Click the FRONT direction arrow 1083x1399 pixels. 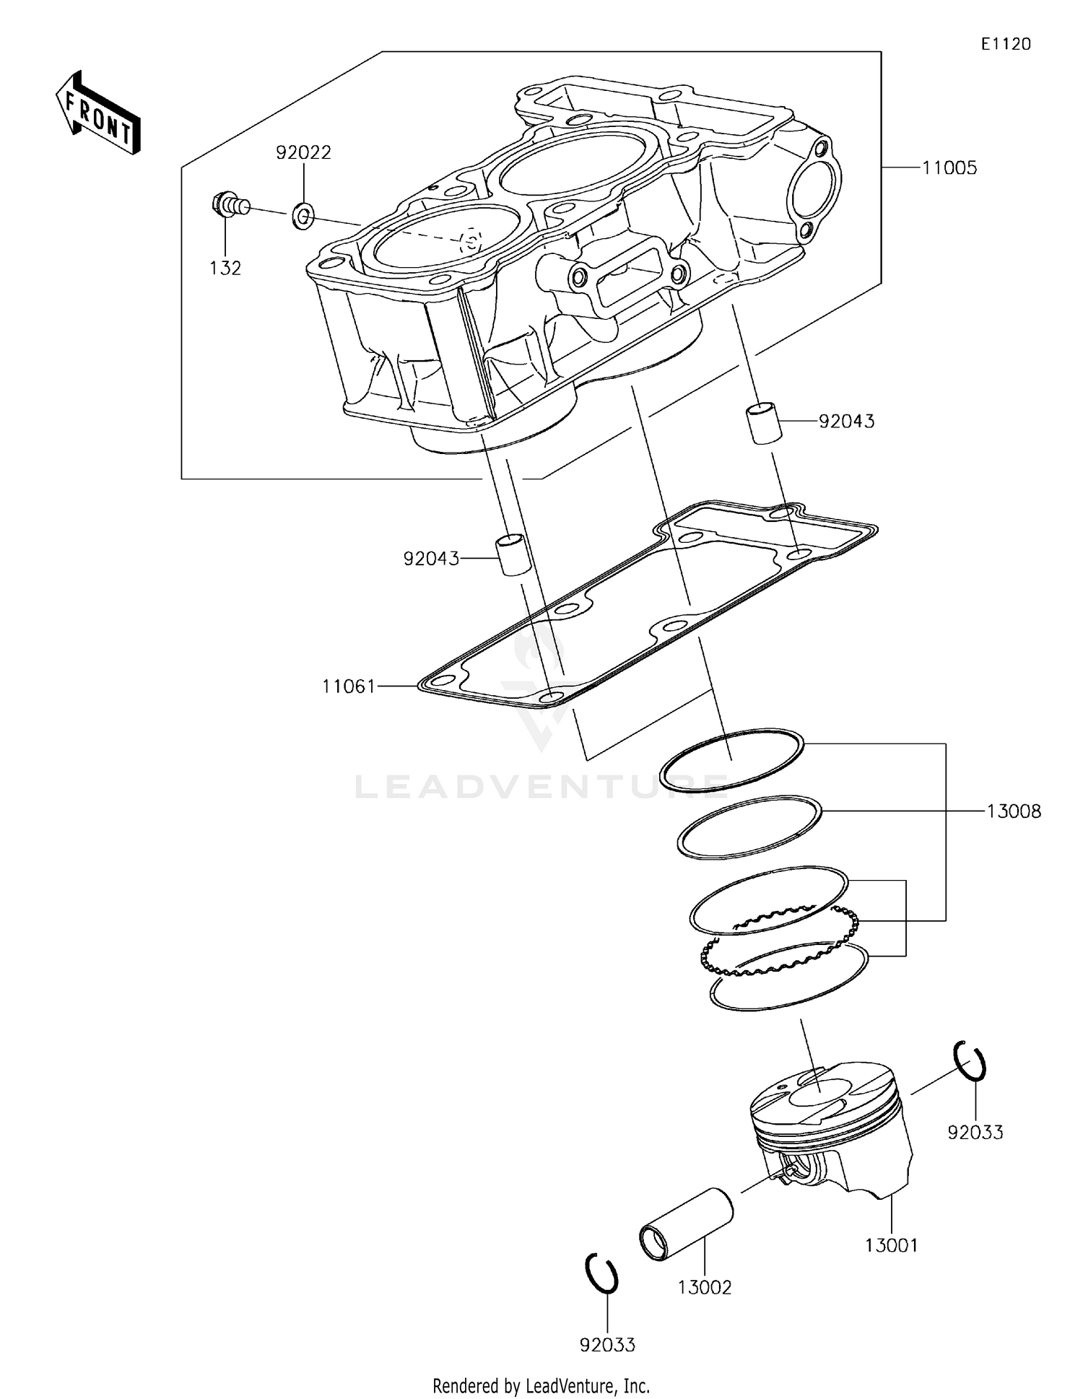pos(97,113)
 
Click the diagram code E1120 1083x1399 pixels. pos(1005,44)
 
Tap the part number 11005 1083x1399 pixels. pos(949,168)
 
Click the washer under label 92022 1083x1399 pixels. pos(303,214)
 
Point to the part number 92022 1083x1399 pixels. pos(303,152)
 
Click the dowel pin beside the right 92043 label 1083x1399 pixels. pos(763,424)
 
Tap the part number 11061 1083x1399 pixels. pos(349,686)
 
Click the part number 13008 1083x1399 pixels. pos(1014,811)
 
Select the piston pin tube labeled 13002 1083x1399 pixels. pos(687,1224)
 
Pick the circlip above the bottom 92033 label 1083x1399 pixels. pos(601,1273)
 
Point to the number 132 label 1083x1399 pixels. pos(225,268)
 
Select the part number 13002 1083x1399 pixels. pos(705,1287)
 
